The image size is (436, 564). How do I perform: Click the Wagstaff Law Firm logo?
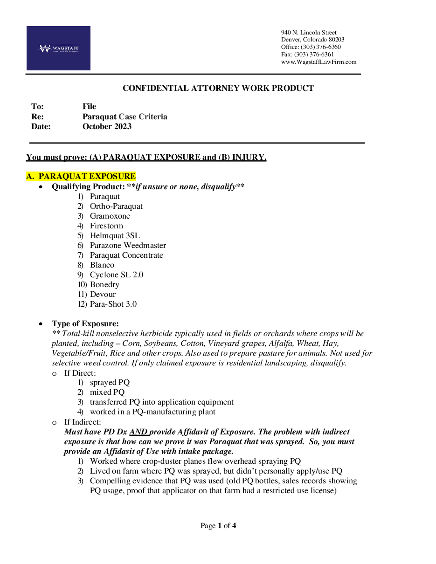pos(58,48)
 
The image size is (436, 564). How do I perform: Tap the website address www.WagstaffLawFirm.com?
pos(318,62)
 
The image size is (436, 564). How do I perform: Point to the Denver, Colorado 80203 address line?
pos(312,40)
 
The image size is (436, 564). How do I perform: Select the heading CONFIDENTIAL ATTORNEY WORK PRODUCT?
pos(218,88)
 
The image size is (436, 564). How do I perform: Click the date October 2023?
pos(107,126)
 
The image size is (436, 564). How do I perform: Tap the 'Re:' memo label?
pos(37,117)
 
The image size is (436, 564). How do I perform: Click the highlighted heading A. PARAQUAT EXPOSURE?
pos(81,176)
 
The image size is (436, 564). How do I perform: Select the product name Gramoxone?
pos(110,216)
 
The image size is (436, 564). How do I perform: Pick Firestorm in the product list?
pos(106,226)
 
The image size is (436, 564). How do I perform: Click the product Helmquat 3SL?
pos(115,235)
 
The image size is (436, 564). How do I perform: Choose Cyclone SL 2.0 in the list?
pos(117,275)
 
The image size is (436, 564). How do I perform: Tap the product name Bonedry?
pos(104,284)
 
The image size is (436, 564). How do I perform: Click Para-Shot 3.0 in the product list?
pos(113,304)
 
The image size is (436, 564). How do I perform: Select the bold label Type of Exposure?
pos(85,323)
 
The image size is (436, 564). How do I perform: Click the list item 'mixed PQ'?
pos(107,392)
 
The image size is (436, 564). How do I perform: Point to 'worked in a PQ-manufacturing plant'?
pos(152,412)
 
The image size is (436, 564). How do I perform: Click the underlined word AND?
pos(138,432)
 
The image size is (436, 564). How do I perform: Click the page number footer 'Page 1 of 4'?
pos(218,526)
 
